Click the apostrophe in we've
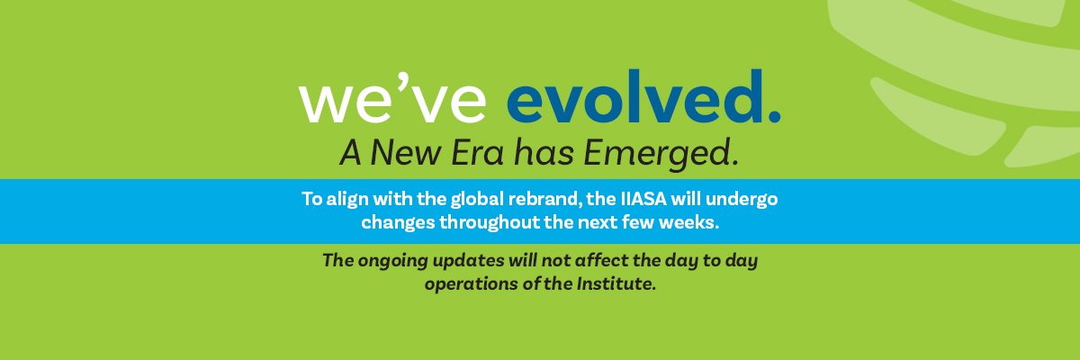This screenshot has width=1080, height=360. point(399,85)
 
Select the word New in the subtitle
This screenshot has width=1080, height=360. point(396,154)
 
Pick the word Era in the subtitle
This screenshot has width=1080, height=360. point(472,154)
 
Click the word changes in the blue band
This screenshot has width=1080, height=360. point(392,221)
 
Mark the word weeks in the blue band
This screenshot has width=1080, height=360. point(688,221)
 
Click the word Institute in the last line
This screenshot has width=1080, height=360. point(612,285)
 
